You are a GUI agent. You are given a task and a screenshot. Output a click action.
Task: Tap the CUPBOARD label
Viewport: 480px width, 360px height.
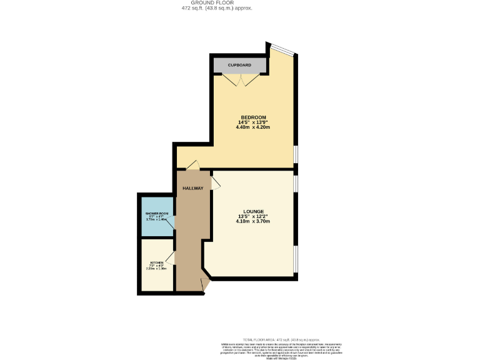coord(239,65)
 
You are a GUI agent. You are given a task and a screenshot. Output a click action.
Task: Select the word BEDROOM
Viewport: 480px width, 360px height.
coord(253,117)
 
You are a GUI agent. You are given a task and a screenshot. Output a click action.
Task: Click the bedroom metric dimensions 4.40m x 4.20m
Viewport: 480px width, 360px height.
coord(253,127)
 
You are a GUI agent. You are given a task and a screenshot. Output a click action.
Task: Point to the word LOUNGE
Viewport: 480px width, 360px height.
coord(253,211)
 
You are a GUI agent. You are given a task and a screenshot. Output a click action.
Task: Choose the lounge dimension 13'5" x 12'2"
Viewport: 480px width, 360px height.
coord(253,216)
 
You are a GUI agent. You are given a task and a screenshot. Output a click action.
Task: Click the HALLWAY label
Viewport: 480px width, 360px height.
coord(192,188)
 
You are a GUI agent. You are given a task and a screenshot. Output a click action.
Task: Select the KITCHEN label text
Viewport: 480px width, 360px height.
coord(156,262)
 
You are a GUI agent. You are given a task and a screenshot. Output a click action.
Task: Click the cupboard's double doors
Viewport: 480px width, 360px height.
coord(241,79)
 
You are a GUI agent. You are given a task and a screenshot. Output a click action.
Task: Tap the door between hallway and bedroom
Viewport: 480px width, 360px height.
coord(193,166)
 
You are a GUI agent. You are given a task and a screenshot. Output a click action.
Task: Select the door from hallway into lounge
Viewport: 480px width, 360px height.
coord(215,182)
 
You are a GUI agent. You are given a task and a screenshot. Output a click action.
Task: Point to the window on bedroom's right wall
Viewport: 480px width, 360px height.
coord(296,154)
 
